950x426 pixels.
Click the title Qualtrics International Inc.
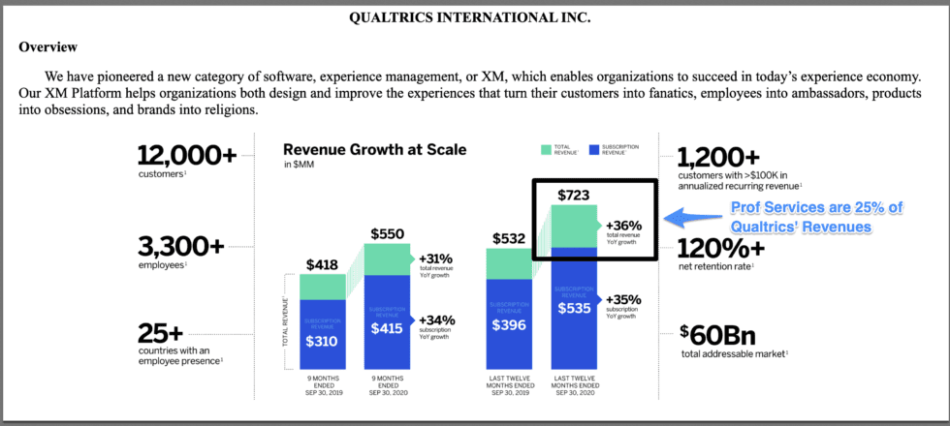[474, 18]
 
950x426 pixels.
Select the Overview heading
[48, 46]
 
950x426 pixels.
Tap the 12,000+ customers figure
[187, 156]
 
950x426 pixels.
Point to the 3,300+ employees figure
[180, 246]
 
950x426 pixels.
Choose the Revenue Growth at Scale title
[373, 149]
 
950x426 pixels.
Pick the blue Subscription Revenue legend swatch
[591, 149]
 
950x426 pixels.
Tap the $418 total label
[322, 264]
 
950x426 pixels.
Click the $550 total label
[388, 233]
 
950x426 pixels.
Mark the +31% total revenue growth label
[437, 259]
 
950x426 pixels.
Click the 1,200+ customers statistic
[718, 156]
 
